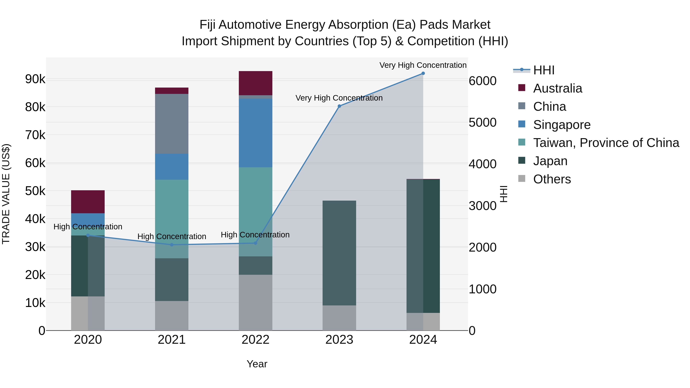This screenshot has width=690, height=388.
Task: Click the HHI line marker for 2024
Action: coord(423,73)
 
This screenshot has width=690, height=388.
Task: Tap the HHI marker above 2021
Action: coord(172,245)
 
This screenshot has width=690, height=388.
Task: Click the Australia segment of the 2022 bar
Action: coord(255,83)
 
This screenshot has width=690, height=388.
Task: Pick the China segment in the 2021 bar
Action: coord(172,124)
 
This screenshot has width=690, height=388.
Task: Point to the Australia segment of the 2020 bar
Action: coord(88,202)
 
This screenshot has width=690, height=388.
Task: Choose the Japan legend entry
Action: coord(550,161)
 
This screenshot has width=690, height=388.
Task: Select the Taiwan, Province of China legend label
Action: coord(606,143)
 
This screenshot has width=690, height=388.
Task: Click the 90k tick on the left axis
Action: coord(35,79)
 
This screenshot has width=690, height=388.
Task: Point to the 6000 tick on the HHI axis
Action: coord(482,81)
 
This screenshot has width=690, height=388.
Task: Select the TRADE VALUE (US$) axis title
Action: coord(6,194)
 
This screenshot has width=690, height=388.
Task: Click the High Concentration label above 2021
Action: coord(172,237)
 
